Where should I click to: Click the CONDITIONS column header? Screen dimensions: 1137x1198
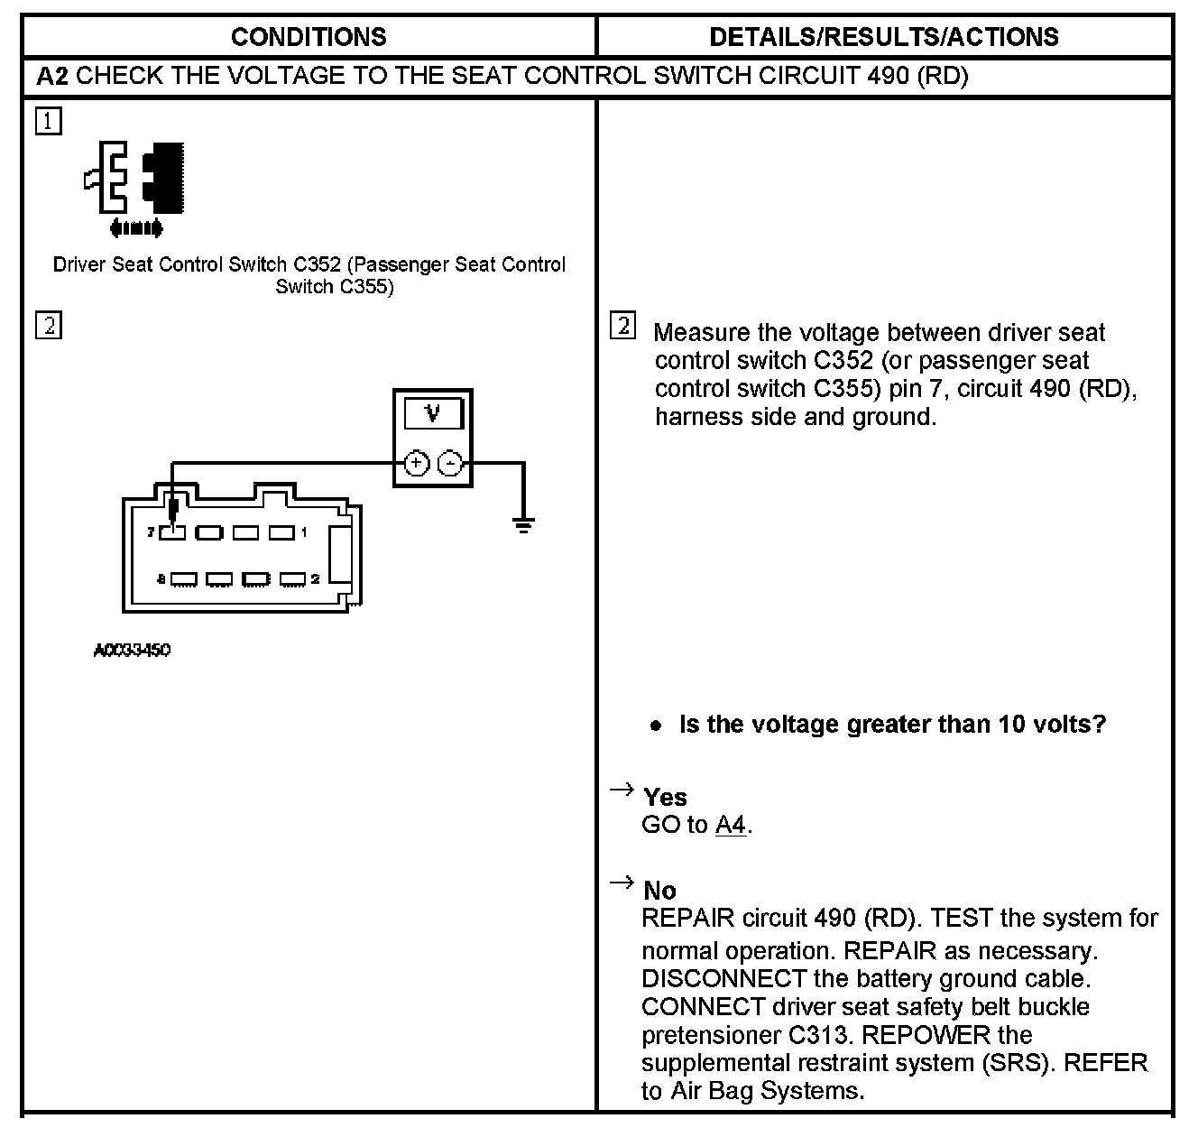click(x=309, y=37)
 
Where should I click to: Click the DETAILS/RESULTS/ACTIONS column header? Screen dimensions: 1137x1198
click(x=884, y=37)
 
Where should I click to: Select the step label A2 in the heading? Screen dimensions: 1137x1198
click(x=52, y=77)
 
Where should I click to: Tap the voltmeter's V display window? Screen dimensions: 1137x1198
click(x=433, y=414)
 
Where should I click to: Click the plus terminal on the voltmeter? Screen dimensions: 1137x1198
click(x=415, y=464)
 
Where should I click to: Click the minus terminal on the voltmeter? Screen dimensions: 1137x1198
click(x=450, y=464)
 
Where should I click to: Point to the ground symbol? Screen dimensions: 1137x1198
click(x=523, y=523)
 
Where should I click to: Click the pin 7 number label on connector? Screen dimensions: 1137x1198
click(x=152, y=532)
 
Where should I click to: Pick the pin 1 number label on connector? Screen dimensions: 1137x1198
click(x=305, y=532)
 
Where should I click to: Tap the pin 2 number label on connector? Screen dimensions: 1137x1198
click(x=315, y=578)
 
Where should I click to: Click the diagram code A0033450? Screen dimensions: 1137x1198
click(x=133, y=650)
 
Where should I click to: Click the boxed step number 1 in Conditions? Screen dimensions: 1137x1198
click(x=49, y=121)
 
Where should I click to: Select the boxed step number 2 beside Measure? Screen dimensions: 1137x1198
click(x=622, y=326)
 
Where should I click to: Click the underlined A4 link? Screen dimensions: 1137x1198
click(x=730, y=825)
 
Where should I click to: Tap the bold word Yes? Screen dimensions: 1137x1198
click(x=665, y=798)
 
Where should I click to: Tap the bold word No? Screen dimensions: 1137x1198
click(x=659, y=891)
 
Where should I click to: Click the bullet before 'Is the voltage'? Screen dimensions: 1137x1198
click(x=657, y=726)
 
